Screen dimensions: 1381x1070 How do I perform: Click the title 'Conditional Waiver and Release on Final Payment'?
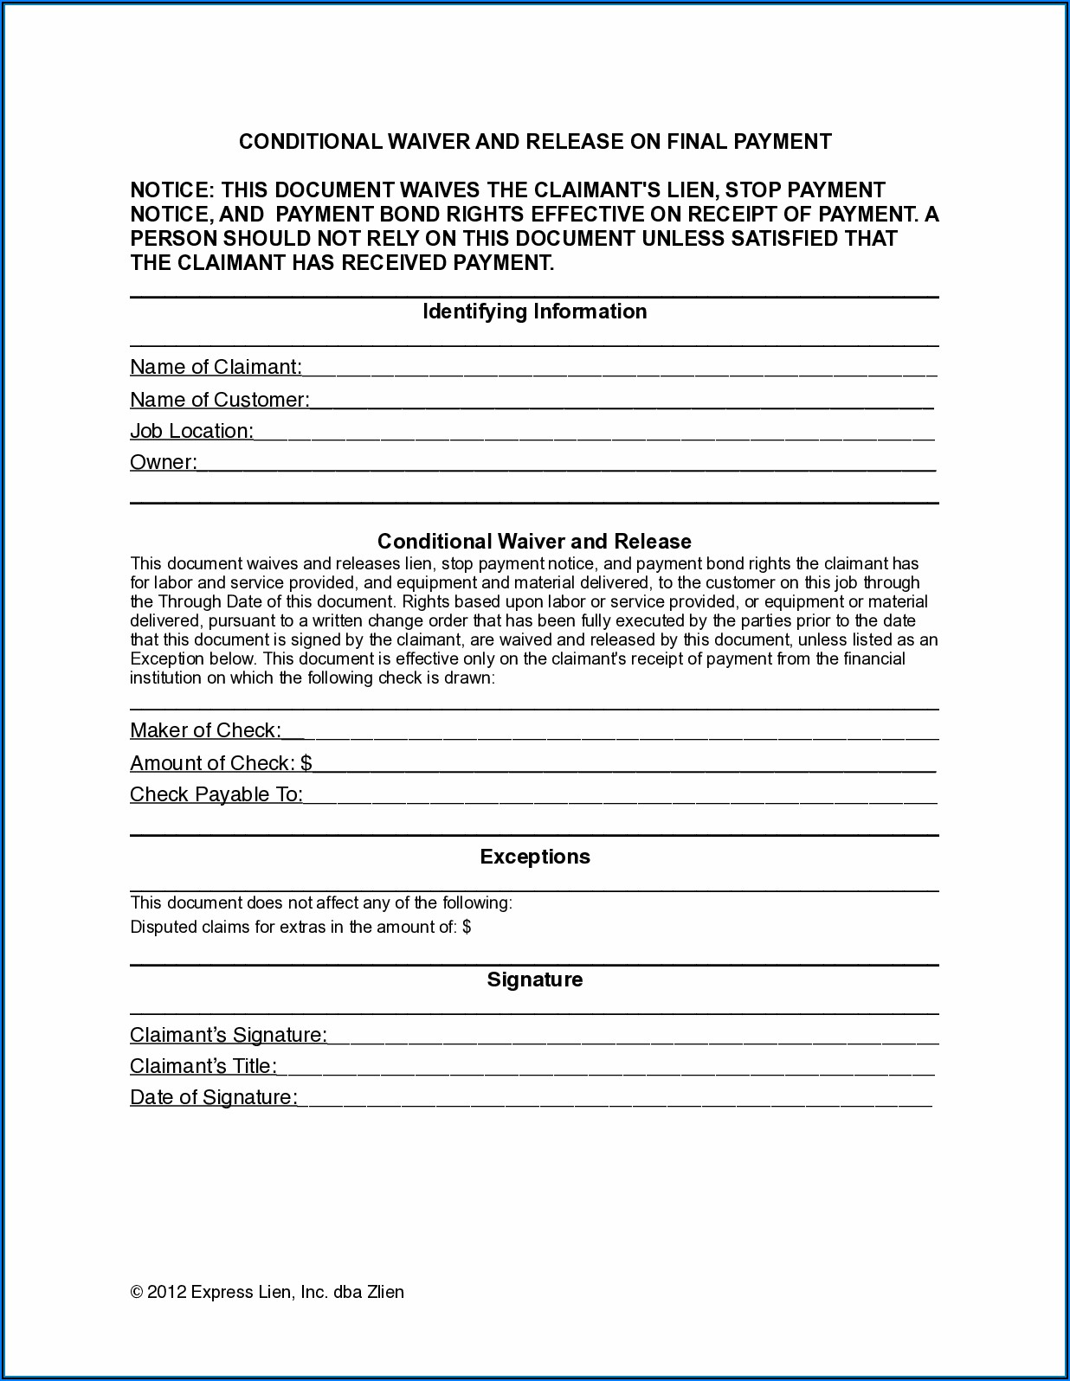pos(535,142)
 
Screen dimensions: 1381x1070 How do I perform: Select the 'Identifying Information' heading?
pos(534,312)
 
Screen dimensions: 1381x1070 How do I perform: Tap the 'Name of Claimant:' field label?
pos(216,367)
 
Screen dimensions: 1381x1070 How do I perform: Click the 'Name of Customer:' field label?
pos(219,400)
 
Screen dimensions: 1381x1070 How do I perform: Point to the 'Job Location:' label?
pos(191,431)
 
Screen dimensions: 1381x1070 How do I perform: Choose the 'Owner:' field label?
pos(163,462)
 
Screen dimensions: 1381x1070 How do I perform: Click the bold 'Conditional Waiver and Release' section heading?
pos(534,542)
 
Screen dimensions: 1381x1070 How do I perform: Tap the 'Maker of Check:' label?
pos(205,730)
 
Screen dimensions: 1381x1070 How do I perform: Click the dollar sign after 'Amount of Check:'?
pos(306,763)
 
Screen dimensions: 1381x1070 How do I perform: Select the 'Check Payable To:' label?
pos(216,794)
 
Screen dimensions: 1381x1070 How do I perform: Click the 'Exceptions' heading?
pos(535,857)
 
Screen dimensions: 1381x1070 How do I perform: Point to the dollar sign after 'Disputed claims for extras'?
pos(467,928)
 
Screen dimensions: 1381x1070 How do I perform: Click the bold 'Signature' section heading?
pos(535,980)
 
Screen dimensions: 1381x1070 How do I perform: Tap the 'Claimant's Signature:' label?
pos(229,1035)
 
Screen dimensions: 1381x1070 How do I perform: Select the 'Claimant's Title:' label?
pos(203,1066)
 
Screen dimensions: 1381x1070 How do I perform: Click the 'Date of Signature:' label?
pos(214,1097)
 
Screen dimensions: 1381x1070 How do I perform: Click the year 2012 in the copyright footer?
pos(167,1292)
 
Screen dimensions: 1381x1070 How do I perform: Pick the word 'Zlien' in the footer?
pos(386,1292)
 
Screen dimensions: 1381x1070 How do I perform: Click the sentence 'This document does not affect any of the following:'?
pos(321,903)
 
